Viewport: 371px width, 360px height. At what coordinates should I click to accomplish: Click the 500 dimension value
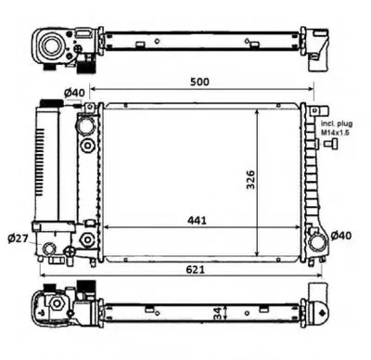click(x=199, y=82)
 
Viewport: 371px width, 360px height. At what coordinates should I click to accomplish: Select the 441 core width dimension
click(x=197, y=221)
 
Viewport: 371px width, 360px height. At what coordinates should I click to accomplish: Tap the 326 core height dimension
click(x=249, y=179)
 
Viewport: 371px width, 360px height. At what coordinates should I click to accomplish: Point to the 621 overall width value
click(x=195, y=269)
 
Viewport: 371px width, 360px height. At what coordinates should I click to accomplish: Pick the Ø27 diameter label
click(x=18, y=238)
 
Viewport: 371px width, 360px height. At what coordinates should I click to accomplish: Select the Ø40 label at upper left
click(x=74, y=93)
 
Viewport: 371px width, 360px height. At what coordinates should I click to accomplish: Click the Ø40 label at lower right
click(x=341, y=236)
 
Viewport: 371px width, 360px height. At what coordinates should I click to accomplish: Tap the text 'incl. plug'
click(x=337, y=124)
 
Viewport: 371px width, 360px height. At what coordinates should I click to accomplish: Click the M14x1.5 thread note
click(x=334, y=133)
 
